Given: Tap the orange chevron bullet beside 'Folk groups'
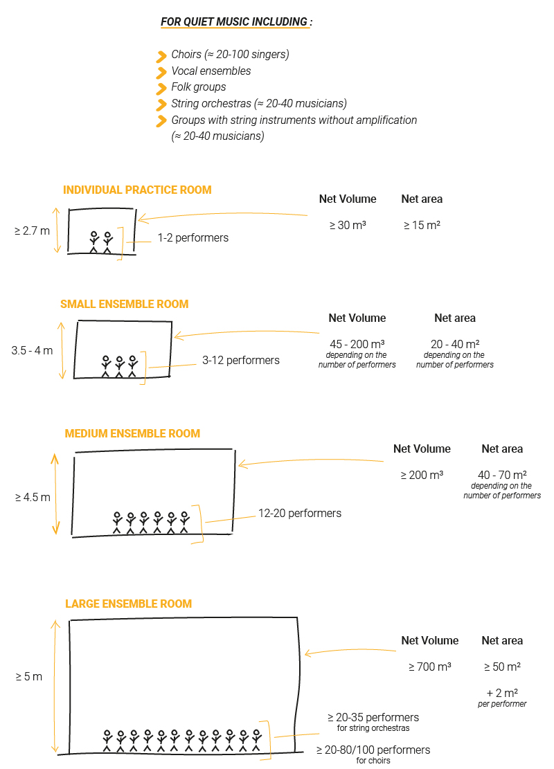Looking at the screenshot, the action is (161, 89).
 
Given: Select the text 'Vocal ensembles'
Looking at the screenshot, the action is (211, 71).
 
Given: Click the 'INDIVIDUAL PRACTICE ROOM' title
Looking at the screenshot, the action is (137, 190).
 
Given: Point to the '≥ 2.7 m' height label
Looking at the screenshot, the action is (33, 230).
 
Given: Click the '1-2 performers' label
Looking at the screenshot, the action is (193, 238).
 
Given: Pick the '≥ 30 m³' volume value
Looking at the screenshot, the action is (348, 225).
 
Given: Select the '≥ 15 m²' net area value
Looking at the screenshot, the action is (422, 225).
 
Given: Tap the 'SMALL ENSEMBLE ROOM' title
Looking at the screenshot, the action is (125, 304).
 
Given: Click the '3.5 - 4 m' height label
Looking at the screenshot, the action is (33, 351).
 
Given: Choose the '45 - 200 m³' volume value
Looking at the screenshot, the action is (357, 344).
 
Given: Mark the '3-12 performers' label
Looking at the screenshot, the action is (241, 361).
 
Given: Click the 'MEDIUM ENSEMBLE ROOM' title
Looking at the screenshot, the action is (132, 433).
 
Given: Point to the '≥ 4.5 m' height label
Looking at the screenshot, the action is (33, 497).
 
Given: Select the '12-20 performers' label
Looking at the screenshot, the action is (300, 514).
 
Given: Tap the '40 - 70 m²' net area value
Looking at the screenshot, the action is (503, 476).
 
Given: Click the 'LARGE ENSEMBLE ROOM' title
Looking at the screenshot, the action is (129, 604).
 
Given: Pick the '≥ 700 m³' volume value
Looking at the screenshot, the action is (430, 667).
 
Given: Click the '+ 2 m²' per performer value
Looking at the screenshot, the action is (503, 693).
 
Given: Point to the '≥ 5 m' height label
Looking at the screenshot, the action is (29, 677).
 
